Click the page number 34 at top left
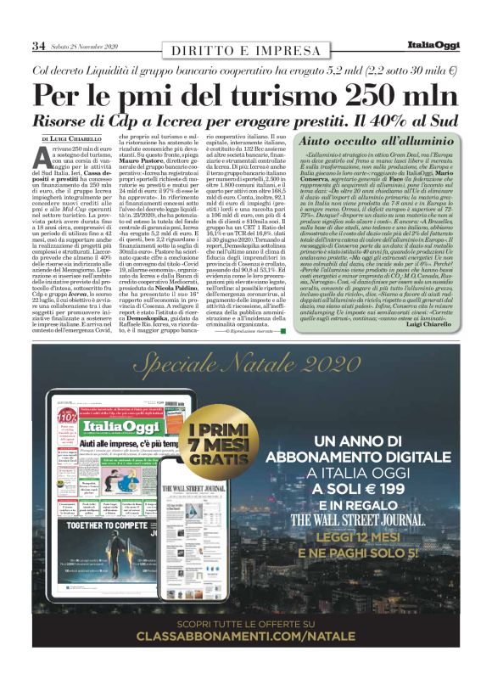click(38, 45)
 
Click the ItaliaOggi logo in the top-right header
click(433, 44)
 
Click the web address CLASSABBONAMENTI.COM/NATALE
click(246, 660)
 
